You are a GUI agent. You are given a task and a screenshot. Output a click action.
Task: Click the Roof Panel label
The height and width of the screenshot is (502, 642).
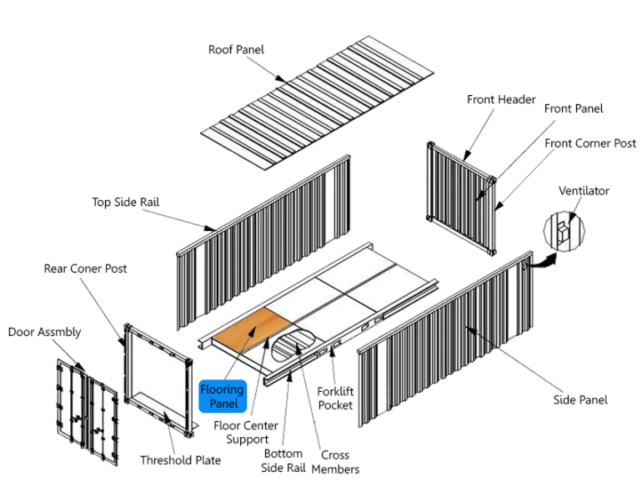236,50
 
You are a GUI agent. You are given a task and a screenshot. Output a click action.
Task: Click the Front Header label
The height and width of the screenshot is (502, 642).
501,100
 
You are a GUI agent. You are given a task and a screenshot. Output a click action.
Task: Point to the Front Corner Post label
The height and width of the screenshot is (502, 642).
590,143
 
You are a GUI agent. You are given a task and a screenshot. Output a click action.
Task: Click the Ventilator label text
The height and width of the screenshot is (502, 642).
583,191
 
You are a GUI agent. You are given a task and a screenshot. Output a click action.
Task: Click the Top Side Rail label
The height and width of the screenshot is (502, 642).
125,203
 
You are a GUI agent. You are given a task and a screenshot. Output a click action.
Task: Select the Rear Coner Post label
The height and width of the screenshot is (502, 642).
85,268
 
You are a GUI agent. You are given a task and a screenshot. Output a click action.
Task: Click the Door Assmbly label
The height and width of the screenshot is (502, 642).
44,332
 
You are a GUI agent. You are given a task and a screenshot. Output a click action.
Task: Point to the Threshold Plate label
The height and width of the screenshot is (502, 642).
181,460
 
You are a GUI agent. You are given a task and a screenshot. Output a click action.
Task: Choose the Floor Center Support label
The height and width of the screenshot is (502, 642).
245,433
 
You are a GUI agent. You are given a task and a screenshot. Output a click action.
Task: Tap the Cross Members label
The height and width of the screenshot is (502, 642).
335,462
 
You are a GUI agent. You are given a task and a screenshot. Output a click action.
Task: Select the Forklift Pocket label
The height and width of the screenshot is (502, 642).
335,398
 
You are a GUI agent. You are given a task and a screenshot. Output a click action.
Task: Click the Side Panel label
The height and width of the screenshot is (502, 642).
581,400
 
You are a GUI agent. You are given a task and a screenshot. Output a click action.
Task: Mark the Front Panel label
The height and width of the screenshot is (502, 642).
574,108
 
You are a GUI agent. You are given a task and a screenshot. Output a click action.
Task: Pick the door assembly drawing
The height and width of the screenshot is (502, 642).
87,409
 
